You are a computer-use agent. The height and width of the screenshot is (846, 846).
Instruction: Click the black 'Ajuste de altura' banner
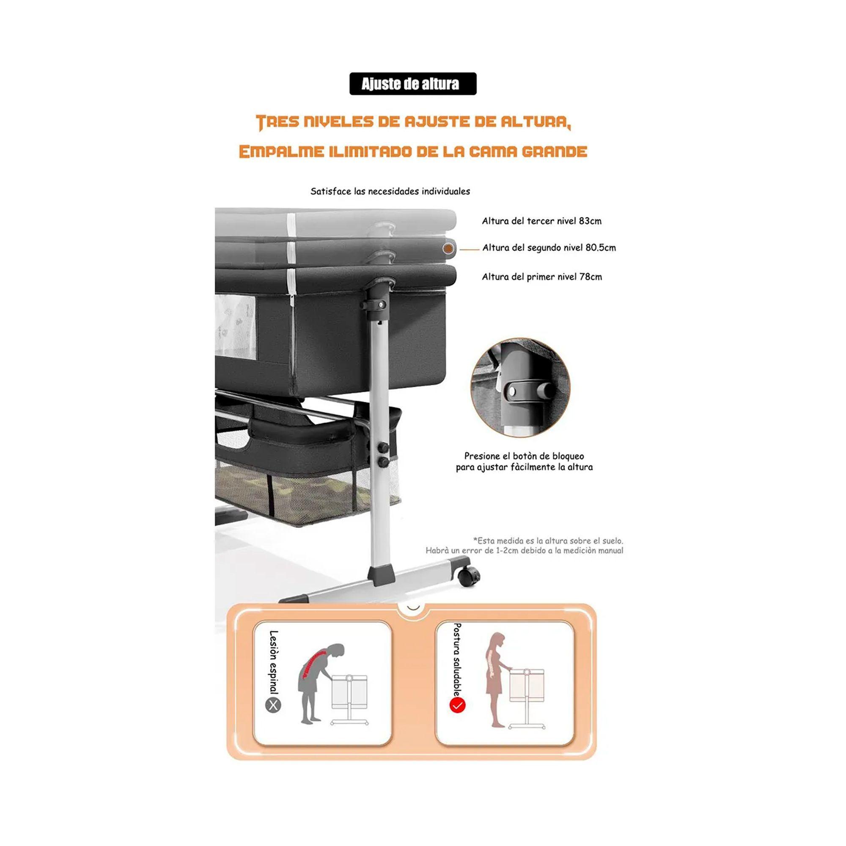click(x=412, y=84)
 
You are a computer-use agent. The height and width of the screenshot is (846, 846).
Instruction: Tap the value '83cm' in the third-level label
click(x=590, y=221)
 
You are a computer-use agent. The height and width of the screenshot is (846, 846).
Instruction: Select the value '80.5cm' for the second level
click(x=601, y=248)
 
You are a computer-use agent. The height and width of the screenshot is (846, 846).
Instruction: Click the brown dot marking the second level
click(x=448, y=248)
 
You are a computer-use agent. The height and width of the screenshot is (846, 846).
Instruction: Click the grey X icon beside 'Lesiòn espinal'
click(x=274, y=706)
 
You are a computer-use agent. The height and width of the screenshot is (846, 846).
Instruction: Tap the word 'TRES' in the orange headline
click(x=277, y=122)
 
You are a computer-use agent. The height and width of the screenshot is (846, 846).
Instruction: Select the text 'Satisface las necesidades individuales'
click(x=390, y=191)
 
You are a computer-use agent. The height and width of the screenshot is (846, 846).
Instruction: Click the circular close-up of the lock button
click(x=520, y=387)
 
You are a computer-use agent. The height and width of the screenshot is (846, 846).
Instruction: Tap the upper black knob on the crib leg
click(x=384, y=447)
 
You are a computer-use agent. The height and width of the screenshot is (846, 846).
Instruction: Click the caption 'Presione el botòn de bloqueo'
click(x=524, y=456)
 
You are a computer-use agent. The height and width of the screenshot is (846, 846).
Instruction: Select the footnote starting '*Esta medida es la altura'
click(x=524, y=546)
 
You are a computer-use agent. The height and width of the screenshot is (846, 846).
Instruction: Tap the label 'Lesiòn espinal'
click(x=274, y=662)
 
